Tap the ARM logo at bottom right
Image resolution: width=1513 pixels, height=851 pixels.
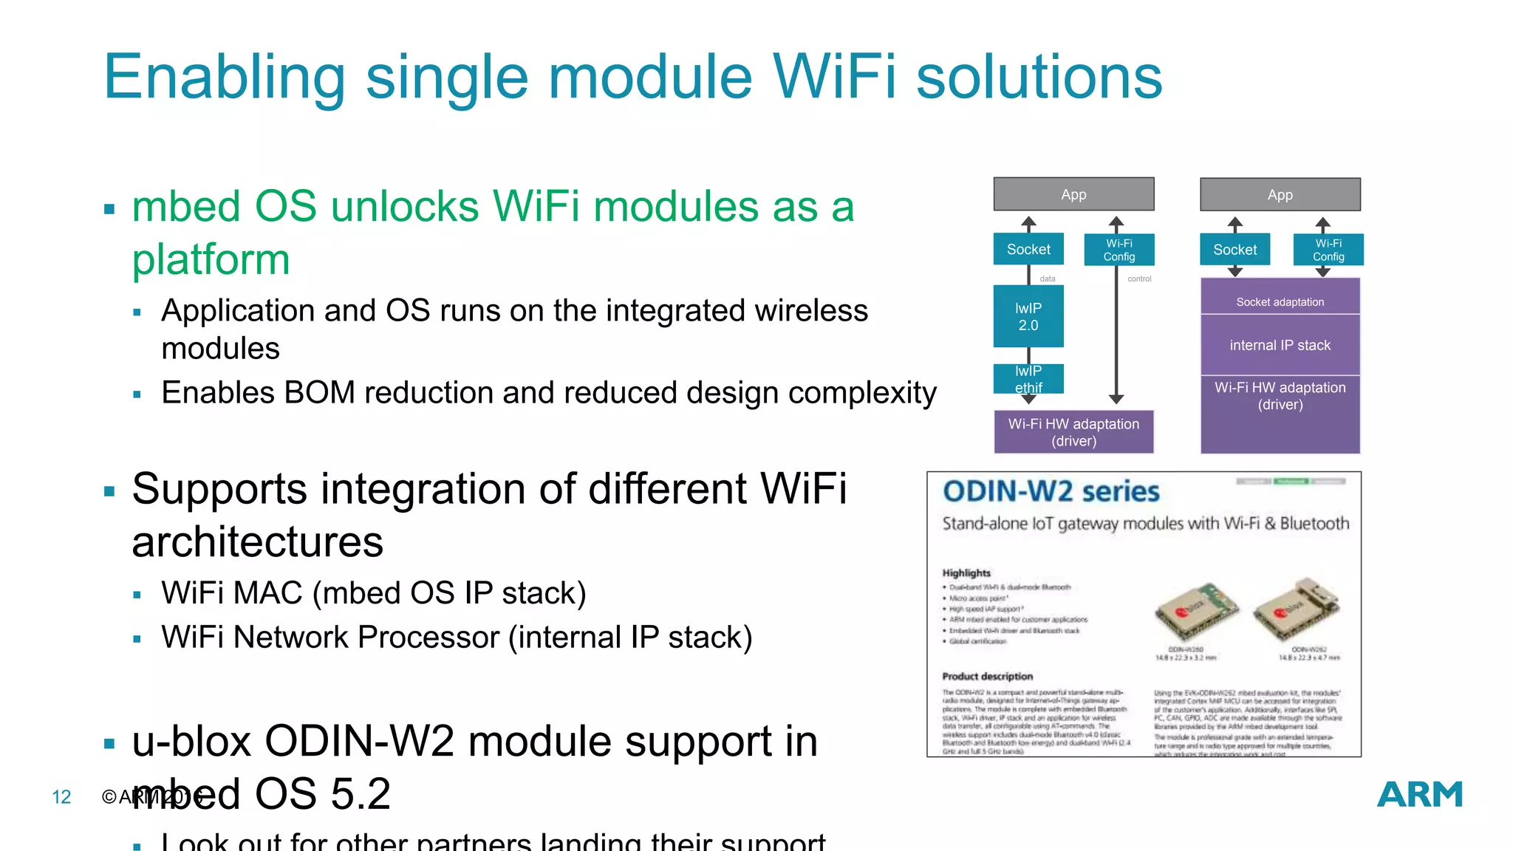point(1419,795)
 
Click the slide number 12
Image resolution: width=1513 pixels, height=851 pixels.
point(61,797)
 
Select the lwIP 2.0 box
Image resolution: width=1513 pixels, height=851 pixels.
point(1028,317)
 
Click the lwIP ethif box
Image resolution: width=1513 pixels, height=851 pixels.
point(1028,379)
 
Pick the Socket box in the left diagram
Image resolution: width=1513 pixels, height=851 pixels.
point(1028,250)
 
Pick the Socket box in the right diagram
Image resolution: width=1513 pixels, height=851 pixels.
point(1234,250)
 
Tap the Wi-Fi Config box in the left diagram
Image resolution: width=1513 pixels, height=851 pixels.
point(1118,250)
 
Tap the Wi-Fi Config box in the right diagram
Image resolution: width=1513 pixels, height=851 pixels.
point(1328,250)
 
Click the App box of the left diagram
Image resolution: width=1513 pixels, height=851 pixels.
point(1073,194)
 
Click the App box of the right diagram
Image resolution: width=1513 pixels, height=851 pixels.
point(1280,195)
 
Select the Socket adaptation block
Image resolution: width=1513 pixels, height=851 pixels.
point(1280,301)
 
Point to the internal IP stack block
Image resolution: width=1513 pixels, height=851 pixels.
point(1280,345)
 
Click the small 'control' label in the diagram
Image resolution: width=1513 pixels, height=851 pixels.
point(1139,279)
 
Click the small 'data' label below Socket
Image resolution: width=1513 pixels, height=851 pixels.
point(1048,279)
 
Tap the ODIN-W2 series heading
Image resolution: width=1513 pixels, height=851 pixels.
point(1051,492)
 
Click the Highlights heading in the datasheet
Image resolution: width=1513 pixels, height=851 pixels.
point(966,573)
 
